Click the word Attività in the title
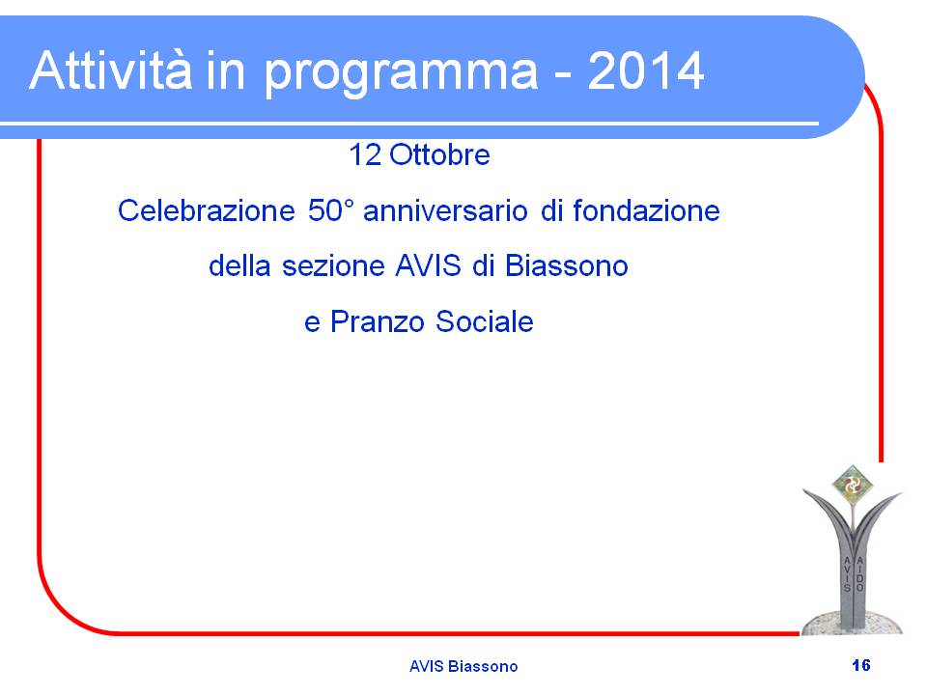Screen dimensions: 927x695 [x=110, y=70]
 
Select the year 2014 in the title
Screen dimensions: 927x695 [x=646, y=70]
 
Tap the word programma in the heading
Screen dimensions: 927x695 [x=401, y=74]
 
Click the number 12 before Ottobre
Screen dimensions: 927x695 [x=365, y=154]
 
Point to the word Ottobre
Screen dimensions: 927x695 [x=440, y=154]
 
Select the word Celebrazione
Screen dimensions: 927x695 [x=206, y=210]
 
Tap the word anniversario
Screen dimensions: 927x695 [x=445, y=210]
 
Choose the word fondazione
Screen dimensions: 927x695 [x=646, y=210]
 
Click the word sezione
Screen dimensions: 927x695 [x=333, y=266]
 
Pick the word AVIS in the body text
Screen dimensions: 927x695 [x=428, y=265]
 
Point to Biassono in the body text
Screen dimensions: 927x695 [x=567, y=265]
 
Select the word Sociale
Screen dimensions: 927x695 [x=484, y=322]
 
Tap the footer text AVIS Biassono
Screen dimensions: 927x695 [x=463, y=666]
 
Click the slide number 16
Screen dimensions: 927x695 [x=861, y=665]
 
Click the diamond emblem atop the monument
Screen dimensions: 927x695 [x=852, y=486]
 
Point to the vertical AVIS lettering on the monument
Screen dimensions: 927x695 [x=847, y=573]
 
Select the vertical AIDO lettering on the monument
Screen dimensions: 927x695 [x=860, y=573]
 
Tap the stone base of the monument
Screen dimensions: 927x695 [x=852, y=623]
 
